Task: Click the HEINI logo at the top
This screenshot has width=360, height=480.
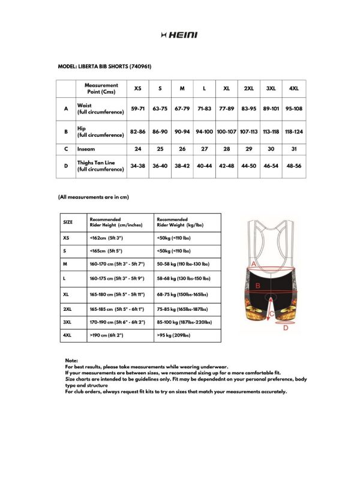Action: pyautogui.click(x=179, y=35)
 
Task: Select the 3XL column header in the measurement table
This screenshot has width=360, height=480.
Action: pyautogui.click(x=271, y=88)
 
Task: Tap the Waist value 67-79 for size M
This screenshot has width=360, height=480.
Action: pyautogui.click(x=182, y=109)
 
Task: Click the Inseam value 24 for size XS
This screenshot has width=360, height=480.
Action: pyautogui.click(x=138, y=149)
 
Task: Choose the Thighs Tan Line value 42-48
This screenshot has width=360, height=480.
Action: pyautogui.click(x=227, y=166)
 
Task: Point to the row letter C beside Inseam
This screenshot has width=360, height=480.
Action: pyautogui.click(x=66, y=149)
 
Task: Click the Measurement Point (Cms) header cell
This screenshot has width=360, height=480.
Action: pyautogui.click(x=101, y=88)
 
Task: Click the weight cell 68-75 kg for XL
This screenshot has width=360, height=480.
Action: pyautogui.click(x=182, y=295)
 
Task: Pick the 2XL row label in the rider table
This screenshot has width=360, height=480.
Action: pyautogui.click(x=67, y=308)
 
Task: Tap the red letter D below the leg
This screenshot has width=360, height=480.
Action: pyautogui.click(x=286, y=328)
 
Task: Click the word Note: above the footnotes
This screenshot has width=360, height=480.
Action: pyautogui.click(x=71, y=360)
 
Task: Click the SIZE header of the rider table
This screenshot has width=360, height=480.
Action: pyautogui.click(x=68, y=222)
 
